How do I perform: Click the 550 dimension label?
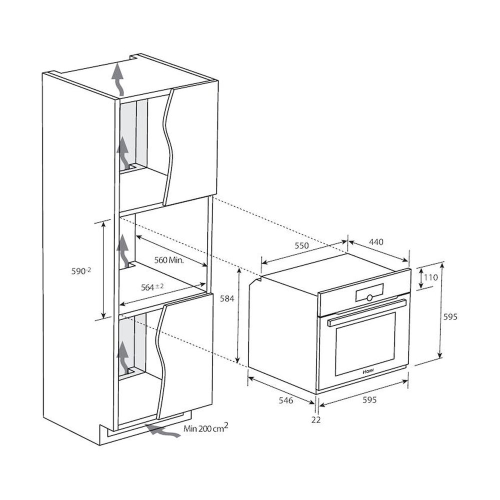(301, 245)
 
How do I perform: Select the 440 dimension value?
(376, 242)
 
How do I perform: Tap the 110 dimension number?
(431, 277)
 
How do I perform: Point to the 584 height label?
(227, 299)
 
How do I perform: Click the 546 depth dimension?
(285, 400)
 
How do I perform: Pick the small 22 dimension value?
(316, 420)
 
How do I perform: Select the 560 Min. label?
(169, 260)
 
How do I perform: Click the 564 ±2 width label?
(152, 287)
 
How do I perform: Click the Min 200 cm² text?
(206, 428)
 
